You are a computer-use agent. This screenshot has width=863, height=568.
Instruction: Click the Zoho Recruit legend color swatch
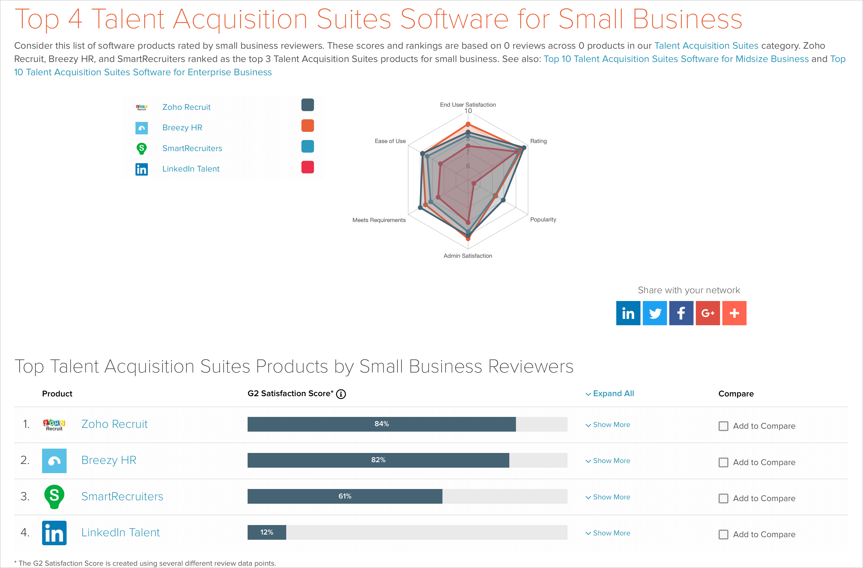(308, 105)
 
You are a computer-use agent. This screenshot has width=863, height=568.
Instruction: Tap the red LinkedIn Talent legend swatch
(308, 167)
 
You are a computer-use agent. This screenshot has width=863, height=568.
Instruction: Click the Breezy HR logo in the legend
(142, 128)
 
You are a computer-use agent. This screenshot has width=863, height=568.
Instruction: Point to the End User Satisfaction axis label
(468, 104)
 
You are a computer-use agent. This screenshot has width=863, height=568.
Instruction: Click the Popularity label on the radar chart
(543, 219)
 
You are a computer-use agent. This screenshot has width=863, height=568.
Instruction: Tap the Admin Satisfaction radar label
(468, 256)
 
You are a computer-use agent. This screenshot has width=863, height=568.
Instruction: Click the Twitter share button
(655, 313)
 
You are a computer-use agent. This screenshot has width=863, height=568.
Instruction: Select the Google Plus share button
(707, 313)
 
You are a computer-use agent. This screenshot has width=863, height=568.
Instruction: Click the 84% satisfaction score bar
(381, 424)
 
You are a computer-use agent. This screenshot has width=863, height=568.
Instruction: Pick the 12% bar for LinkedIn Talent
(267, 532)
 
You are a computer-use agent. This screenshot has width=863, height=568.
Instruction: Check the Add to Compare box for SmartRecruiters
(723, 498)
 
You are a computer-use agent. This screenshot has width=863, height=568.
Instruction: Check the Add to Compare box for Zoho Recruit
(723, 426)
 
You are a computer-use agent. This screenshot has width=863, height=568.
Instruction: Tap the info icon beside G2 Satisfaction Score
(341, 394)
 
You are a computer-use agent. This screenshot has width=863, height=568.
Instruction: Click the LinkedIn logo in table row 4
(54, 533)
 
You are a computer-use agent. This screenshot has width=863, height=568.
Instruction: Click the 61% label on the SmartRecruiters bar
(345, 496)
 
